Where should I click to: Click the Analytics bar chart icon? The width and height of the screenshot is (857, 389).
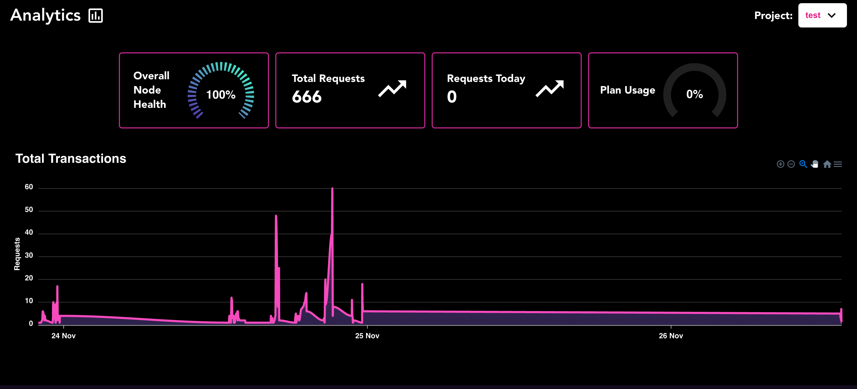(x=95, y=16)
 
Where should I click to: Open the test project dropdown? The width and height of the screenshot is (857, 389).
(x=822, y=15)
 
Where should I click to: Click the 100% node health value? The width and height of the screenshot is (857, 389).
(x=221, y=95)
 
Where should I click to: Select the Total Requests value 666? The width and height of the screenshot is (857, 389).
(x=307, y=97)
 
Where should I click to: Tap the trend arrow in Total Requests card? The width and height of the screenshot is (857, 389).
(x=392, y=89)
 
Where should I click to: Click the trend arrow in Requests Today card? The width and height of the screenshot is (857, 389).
(x=549, y=89)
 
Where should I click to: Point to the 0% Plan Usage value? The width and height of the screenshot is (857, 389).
(x=695, y=94)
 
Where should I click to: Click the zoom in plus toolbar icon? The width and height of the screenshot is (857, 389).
(x=780, y=164)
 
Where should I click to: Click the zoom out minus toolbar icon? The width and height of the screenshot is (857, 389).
(x=791, y=164)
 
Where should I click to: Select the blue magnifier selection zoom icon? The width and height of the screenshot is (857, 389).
(x=803, y=164)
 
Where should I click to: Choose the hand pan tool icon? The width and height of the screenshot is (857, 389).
(x=815, y=164)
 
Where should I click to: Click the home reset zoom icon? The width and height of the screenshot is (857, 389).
(x=827, y=164)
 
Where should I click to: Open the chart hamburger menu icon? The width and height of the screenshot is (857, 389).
(x=838, y=164)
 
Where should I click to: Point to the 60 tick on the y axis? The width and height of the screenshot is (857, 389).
(x=29, y=187)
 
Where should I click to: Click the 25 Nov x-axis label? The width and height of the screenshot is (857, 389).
(x=367, y=336)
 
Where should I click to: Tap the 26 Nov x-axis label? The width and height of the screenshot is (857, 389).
(x=671, y=336)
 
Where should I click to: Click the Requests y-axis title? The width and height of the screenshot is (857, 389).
(x=17, y=254)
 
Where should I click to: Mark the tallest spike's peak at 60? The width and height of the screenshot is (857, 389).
(x=332, y=189)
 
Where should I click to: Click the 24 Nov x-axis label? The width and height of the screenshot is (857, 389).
(x=64, y=336)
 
